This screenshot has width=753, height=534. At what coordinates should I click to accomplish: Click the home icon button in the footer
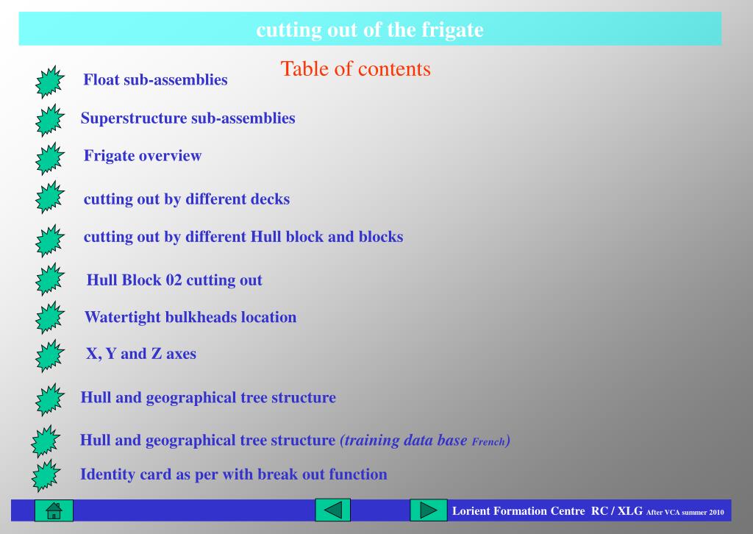pos(54,510)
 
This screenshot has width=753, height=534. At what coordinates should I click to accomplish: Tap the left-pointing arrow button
pos(333,510)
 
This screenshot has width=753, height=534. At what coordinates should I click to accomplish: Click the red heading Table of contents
pos(355,69)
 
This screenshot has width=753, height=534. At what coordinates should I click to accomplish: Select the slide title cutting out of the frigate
pos(370,29)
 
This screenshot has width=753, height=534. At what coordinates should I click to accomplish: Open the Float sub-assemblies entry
pos(155,79)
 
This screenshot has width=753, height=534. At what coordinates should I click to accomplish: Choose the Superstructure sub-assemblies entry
pos(188,118)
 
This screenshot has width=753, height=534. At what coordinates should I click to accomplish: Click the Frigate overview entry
pos(143,156)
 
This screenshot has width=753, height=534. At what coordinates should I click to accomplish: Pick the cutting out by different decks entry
pos(187,199)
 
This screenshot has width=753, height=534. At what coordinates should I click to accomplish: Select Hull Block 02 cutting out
pos(174,280)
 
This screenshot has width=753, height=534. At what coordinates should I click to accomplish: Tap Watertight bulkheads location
pos(190,317)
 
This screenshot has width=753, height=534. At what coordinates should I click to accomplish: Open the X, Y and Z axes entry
pos(141,354)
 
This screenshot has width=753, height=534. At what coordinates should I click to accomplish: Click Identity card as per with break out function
pos(233,474)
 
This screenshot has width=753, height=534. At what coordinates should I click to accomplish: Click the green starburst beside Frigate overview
pos(49,158)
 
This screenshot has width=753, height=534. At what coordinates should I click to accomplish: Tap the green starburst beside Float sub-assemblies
pos(49,82)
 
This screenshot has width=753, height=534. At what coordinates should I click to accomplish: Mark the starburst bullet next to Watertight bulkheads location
pos(49,318)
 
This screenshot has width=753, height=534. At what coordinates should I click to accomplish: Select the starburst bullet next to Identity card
pos(46,476)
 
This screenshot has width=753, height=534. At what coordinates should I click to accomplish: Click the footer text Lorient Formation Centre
pos(518,511)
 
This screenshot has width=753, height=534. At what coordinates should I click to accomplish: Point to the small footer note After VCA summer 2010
pos(685,513)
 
